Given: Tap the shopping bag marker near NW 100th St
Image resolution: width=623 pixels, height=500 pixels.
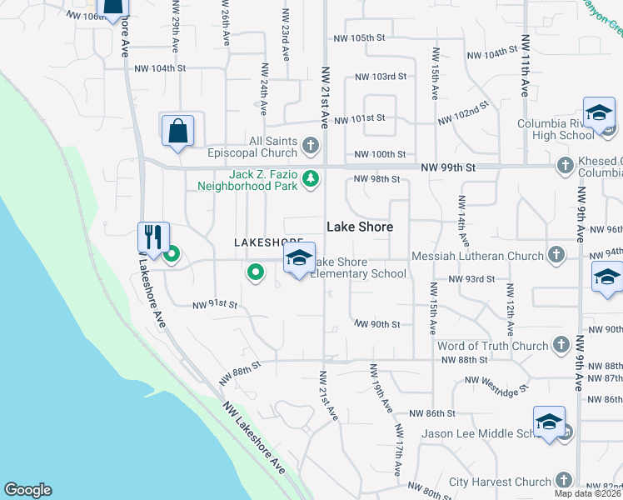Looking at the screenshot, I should (x=177, y=131).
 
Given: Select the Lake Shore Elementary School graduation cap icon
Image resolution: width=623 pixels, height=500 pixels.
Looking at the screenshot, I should (x=300, y=258).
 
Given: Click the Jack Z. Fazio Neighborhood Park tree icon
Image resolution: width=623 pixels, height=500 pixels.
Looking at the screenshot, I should (x=311, y=178).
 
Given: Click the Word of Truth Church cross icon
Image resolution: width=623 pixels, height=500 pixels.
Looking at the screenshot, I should (x=561, y=344).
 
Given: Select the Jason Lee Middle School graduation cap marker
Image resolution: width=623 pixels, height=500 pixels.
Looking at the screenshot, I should (x=550, y=422).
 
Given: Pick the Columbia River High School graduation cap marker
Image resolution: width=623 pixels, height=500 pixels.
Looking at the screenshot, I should (x=599, y=114).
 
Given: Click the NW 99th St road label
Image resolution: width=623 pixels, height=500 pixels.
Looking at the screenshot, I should (x=448, y=167).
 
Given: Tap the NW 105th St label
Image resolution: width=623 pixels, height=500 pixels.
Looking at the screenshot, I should (x=360, y=38).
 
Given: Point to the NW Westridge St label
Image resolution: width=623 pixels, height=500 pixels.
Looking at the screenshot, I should (x=498, y=383).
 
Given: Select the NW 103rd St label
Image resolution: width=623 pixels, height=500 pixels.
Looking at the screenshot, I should (x=381, y=77).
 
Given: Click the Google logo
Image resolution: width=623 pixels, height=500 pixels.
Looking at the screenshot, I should (x=27, y=490).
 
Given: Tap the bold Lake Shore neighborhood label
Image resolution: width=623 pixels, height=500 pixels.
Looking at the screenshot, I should (x=359, y=227).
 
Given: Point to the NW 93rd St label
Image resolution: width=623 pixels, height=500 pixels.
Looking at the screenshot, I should (x=472, y=279).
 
